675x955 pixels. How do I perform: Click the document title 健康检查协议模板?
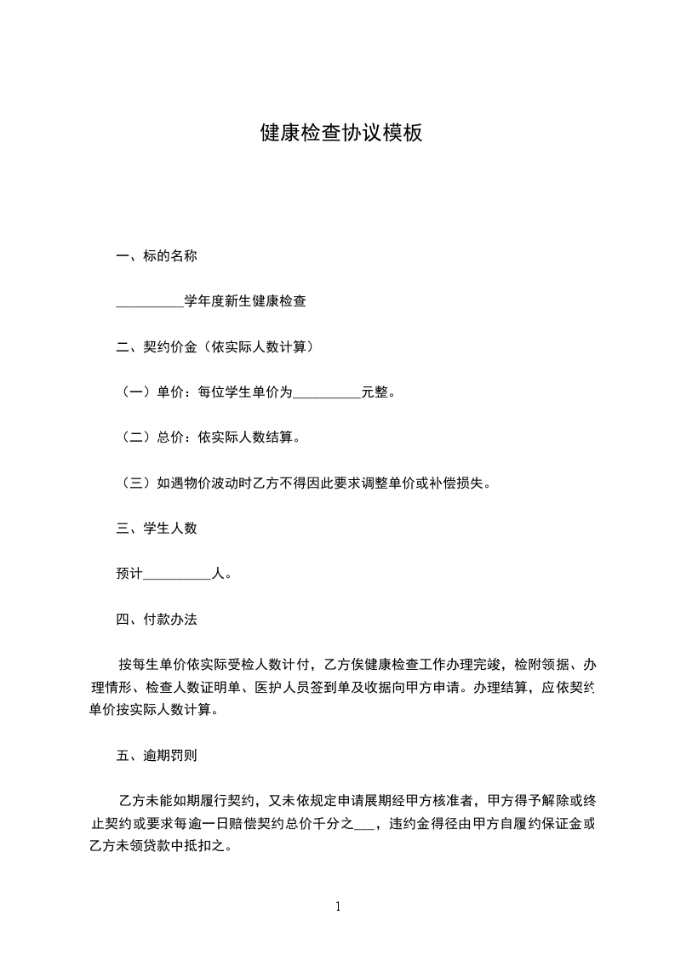pyautogui.click(x=340, y=134)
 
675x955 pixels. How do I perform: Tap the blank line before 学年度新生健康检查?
pyautogui.click(x=149, y=301)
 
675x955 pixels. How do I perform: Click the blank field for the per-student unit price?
pyautogui.click(x=327, y=393)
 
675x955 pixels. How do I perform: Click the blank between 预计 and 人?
pyautogui.click(x=177, y=575)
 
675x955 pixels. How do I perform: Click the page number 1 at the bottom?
pyautogui.click(x=338, y=906)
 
